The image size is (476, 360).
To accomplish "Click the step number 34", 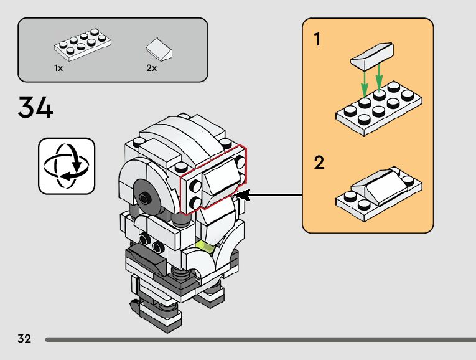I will (x=35, y=107).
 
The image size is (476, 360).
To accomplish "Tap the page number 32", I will (x=24, y=339).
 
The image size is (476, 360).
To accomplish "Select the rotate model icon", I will (x=67, y=166).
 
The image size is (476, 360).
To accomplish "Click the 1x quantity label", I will (x=58, y=68).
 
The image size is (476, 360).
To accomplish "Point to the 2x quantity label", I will (x=151, y=68).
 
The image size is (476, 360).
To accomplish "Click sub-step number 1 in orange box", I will (x=318, y=40).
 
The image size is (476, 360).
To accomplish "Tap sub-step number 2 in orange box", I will (x=319, y=163).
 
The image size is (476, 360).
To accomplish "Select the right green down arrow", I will (x=380, y=78).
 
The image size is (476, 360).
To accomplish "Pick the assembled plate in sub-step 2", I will (x=379, y=189).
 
